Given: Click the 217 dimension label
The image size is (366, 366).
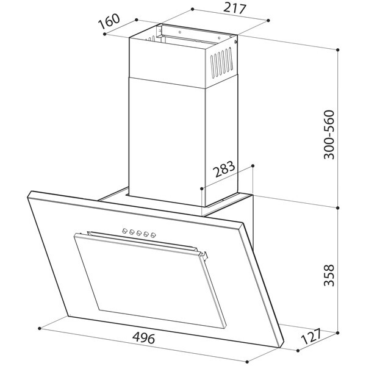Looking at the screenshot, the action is coord(235,9).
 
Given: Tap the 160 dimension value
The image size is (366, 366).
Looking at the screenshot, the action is coord(109,21).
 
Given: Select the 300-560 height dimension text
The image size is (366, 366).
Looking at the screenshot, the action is coord(329,135).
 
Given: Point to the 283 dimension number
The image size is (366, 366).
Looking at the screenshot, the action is coord(224,169).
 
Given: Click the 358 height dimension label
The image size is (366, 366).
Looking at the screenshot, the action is coord(329,275).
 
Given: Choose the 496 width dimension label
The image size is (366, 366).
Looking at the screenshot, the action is coord(143,338).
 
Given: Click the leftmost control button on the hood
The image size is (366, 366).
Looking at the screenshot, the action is coord(124,231).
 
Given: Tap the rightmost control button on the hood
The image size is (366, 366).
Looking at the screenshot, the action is coord(153,235).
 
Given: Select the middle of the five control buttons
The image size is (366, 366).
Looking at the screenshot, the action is coord(139,233).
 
